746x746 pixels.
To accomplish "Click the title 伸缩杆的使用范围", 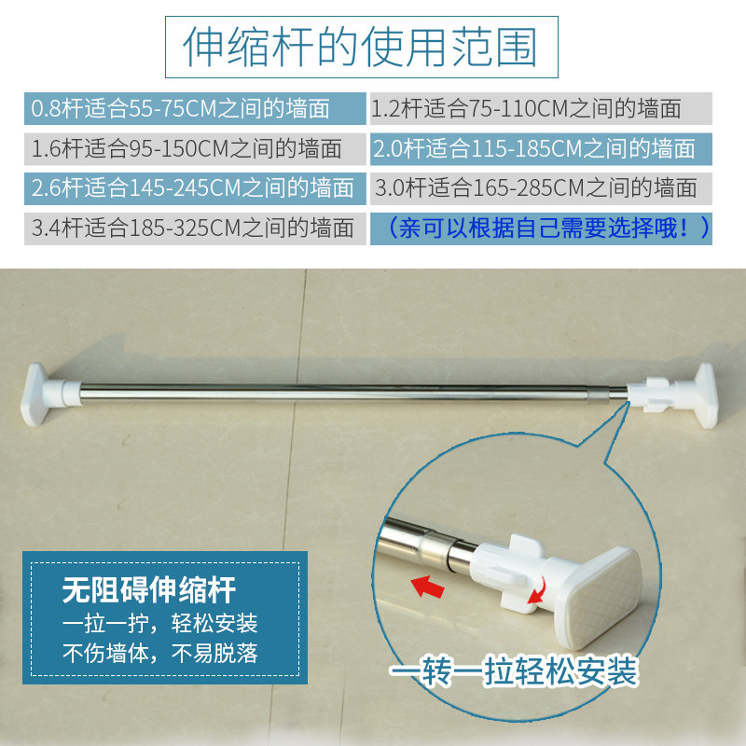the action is [x=361, y=47].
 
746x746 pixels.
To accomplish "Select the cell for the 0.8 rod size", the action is [x=195, y=108].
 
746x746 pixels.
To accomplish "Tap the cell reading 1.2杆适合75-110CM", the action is [x=541, y=108].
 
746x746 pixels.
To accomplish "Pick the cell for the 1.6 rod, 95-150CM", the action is [x=195, y=149].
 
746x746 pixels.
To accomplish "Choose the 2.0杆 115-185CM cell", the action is [x=541, y=149].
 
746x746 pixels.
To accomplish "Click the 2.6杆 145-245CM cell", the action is [x=195, y=188].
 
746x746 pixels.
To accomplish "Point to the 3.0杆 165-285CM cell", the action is [x=541, y=188].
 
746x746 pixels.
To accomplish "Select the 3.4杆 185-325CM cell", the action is [x=195, y=228].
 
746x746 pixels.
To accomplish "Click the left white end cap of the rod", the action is [x=44, y=394].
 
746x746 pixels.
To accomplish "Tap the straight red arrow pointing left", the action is [x=428, y=587].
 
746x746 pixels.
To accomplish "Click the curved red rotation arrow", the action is [x=538, y=591].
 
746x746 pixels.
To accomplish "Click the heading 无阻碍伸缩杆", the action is [x=149, y=590].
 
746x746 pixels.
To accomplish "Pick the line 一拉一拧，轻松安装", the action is [x=159, y=623].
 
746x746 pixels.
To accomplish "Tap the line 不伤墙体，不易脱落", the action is [x=159, y=654].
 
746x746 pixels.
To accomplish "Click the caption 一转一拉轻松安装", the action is [x=514, y=670].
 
